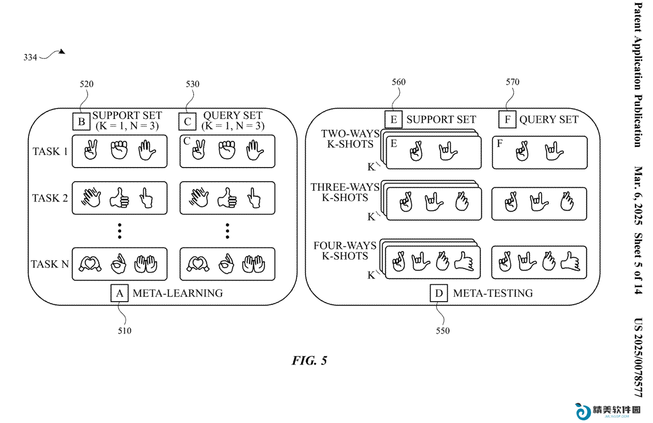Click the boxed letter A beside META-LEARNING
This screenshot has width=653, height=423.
[120, 293]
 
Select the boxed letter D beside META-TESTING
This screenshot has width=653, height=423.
[439, 293]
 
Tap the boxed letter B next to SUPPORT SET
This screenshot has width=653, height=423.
[81, 121]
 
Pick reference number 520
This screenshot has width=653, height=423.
[87, 84]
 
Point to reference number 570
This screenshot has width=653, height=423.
[512, 82]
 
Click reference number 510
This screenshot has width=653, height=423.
[124, 331]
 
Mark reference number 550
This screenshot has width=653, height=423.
[443, 331]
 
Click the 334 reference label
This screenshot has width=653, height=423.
[30, 58]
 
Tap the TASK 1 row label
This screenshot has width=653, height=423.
[50, 151]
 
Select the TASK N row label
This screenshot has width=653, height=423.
[50, 264]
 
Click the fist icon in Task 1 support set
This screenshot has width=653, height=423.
[119, 150]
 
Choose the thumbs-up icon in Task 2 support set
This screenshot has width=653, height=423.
[119, 197]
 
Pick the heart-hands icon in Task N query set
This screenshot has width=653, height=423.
[198, 264]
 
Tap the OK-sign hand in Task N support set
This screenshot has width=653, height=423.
[118, 264]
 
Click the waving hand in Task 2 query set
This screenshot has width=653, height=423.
[199, 197]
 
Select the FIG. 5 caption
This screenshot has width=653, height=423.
[309, 361]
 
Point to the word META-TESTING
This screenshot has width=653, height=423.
[493, 293]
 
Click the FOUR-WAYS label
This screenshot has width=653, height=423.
[345, 245]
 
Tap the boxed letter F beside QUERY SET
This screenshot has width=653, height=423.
[507, 120]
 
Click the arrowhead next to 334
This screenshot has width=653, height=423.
[62, 52]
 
